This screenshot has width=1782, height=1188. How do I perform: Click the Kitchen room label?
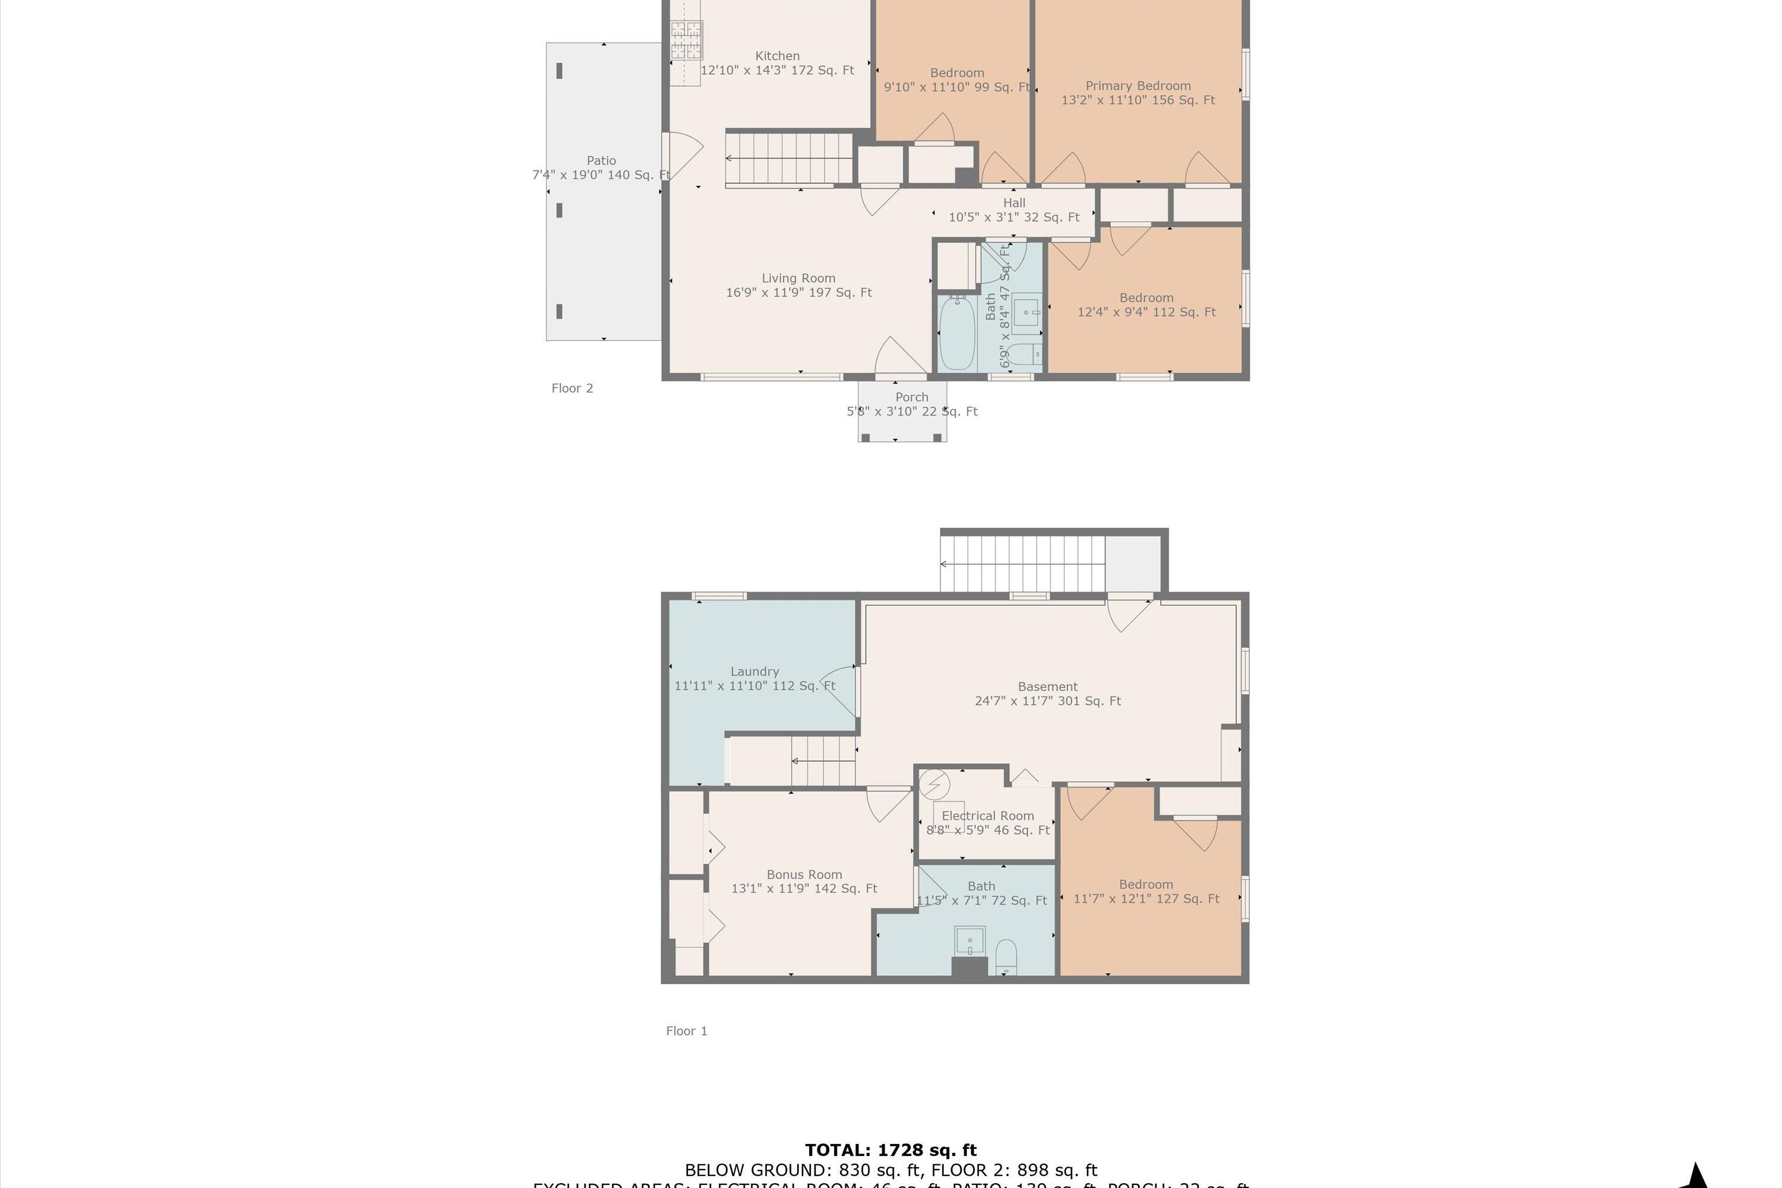[x=778, y=56]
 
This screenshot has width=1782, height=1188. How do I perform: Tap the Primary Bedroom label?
[x=1138, y=86]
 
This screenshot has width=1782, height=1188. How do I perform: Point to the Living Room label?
[x=798, y=278]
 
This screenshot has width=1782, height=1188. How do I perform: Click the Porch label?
[x=911, y=397]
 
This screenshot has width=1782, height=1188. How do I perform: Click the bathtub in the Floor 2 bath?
[x=957, y=333]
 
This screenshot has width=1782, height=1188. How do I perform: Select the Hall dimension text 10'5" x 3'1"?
[x=1014, y=217]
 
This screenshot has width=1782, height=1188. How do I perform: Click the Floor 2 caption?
[x=572, y=388]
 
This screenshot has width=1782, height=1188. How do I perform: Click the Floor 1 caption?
[x=687, y=1031]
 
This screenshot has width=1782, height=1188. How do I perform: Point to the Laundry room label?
[x=754, y=671]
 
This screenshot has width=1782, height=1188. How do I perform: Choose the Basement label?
[x=1047, y=687]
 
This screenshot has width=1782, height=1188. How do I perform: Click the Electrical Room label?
[x=987, y=816]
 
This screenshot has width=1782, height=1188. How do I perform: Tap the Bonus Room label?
[x=804, y=874]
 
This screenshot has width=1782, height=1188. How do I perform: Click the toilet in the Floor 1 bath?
[x=1006, y=956]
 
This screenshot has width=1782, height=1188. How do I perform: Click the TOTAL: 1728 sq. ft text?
[x=890, y=1150]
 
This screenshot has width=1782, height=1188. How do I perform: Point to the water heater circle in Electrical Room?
[x=934, y=784]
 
